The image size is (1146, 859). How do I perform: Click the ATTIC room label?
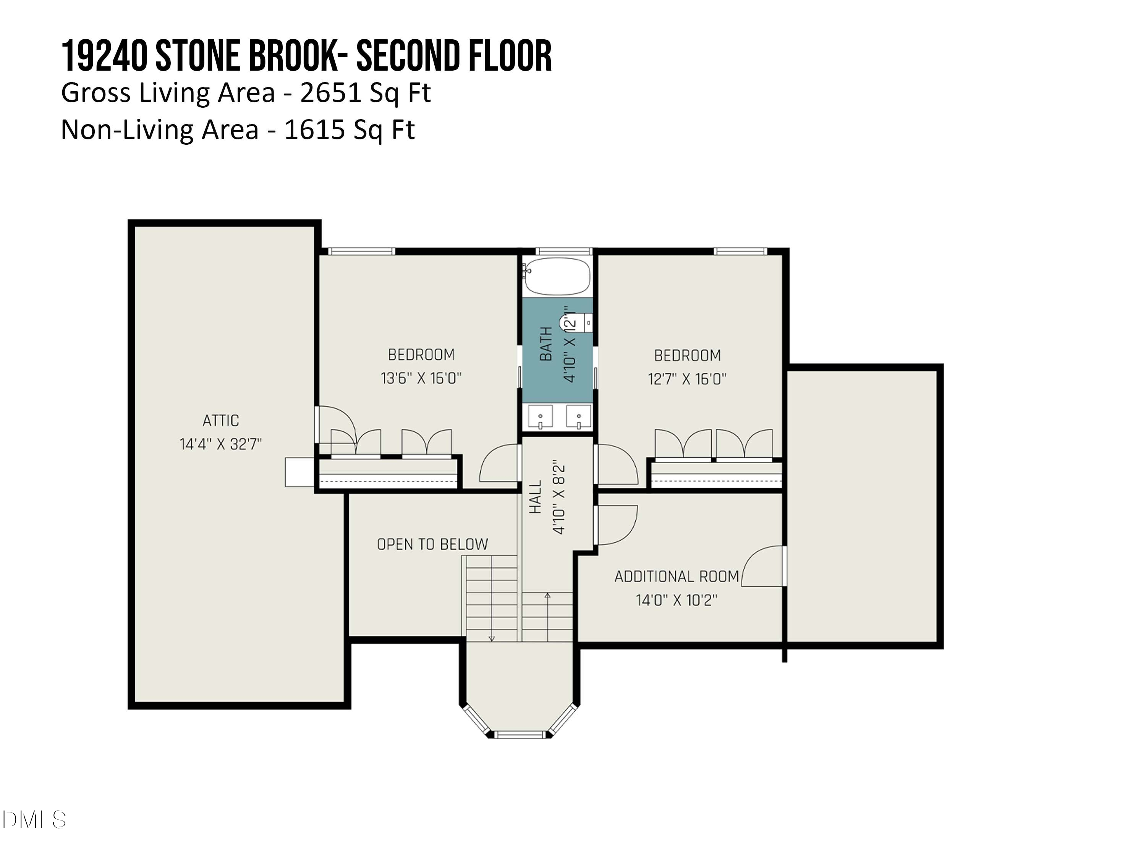pos(221,420)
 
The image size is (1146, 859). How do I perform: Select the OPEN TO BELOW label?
pos(432,544)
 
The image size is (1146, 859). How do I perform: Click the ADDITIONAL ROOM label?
pos(676,576)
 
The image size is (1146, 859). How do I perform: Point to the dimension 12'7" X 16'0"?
pos(687,379)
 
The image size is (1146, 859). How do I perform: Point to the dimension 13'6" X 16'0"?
pos(421,378)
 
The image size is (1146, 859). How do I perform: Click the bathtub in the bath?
pos(557,276)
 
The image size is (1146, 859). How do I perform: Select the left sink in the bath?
pos(540,417)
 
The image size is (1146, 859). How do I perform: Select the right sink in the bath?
pos(578,417)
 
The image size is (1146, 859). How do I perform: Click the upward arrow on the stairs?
pos(547,596)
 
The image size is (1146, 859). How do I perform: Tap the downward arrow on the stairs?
pos(492,638)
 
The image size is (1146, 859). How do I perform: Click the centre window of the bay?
pos(519,734)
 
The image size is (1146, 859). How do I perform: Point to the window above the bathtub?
pos(563,252)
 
